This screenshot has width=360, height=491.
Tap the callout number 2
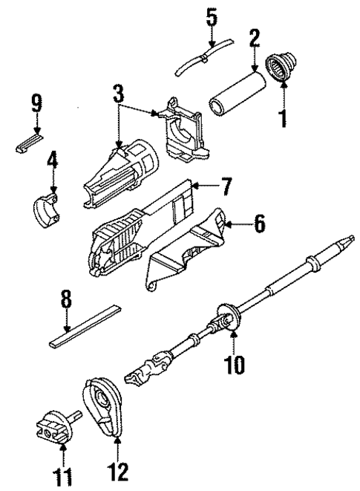pyautogui.click(x=254, y=39)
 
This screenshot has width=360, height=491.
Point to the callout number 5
pyautogui.click(x=212, y=16)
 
